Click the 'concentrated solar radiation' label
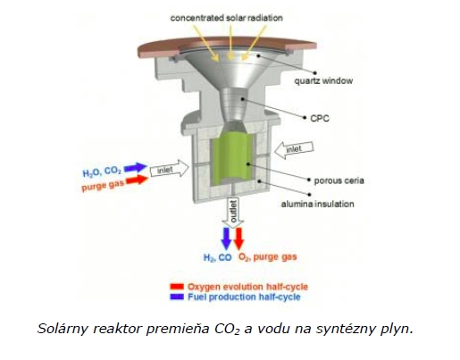[x=227, y=18]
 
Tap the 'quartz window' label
[x=323, y=80]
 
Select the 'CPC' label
[x=320, y=118]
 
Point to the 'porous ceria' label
[x=339, y=180]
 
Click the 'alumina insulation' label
[x=318, y=204]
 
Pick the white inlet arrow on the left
[x=170, y=169]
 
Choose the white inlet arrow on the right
[x=294, y=148]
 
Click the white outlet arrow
[x=233, y=213]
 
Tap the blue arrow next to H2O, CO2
[x=136, y=168]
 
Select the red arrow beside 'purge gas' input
[x=137, y=180]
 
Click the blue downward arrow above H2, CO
[x=226, y=239]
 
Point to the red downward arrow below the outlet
[x=238, y=239]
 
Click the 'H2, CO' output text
[x=217, y=257]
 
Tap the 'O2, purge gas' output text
[x=268, y=257]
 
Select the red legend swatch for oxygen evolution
[x=177, y=287]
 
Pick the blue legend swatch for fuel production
[x=177, y=297]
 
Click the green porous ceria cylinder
[x=232, y=158]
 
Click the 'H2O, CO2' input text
[x=102, y=172]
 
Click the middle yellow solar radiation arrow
[x=230, y=42]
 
